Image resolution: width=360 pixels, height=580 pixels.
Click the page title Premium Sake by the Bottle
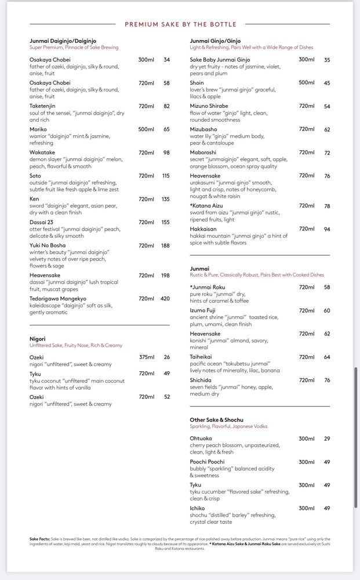[x=180, y=24]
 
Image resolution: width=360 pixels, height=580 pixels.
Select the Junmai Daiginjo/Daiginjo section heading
[x=63, y=41]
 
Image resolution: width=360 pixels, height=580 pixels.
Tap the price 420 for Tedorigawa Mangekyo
[x=165, y=299]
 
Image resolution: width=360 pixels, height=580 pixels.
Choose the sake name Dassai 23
[x=41, y=222]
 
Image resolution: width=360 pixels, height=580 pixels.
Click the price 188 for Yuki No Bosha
[x=165, y=245]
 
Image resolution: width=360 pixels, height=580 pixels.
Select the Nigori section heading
[x=38, y=339]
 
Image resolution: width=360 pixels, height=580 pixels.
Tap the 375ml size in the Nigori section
[x=146, y=357]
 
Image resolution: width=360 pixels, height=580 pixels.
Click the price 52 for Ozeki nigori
[x=167, y=397]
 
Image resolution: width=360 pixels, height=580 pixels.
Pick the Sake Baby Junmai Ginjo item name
[x=220, y=60]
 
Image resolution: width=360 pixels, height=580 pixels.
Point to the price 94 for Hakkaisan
[x=327, y=229]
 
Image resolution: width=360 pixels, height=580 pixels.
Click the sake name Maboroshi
[x=203, y=153]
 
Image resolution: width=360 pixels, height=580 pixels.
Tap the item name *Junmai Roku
[x=208, y=287]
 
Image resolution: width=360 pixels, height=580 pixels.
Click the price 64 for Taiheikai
[x=327, y=357]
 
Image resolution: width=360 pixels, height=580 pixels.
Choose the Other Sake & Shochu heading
[x=216, y=419]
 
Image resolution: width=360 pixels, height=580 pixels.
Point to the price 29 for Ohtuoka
[x=327, y=438]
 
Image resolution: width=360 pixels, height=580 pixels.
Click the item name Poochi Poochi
[x=207, y=462]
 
